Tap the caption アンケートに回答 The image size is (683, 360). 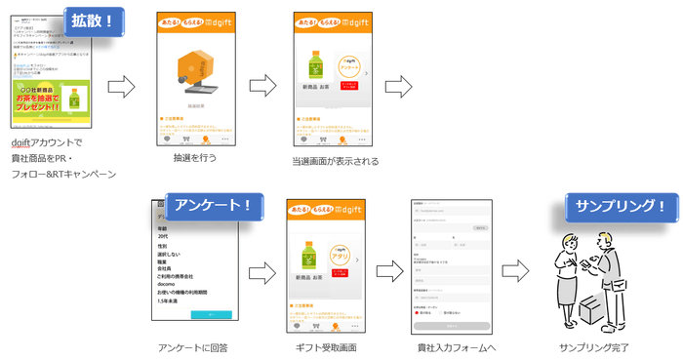coord(191,347)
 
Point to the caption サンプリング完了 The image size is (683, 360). coord(594,347)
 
